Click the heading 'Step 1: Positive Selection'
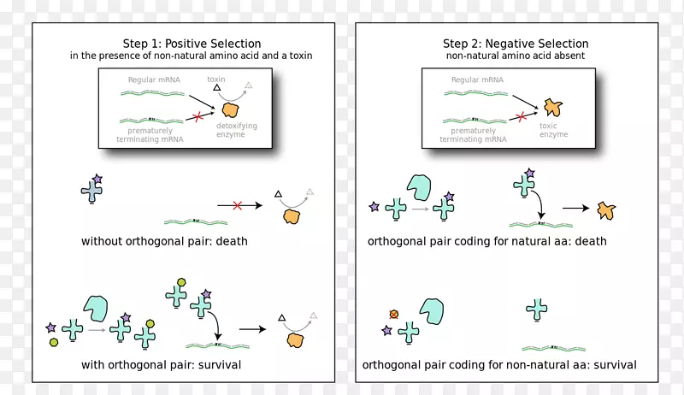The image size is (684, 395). [192, 43]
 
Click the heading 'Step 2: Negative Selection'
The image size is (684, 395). [515, 43]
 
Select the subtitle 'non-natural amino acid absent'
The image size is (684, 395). [515, 56]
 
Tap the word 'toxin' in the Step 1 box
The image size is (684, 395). [216, 79]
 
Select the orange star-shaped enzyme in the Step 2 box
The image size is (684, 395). [552, 108]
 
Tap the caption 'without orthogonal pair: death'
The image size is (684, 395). [164, 241]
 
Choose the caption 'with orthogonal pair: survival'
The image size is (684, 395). [161, 365]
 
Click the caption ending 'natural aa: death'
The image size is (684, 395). [486, 241]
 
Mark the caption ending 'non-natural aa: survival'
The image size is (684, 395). [499, 365]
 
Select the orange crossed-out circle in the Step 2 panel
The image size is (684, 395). [394, 314]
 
